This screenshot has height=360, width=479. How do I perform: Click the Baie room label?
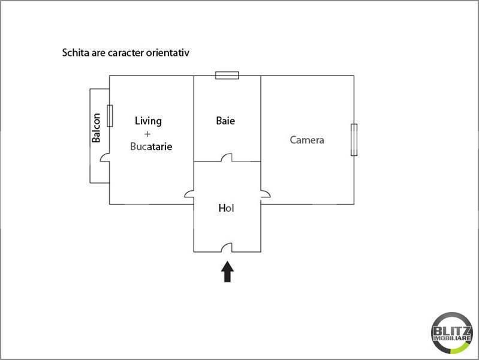pos(225,121)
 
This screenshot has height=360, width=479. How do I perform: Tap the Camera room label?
pos(307,140)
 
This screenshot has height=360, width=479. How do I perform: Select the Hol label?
pos(226,208)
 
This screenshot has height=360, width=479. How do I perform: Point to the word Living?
pos(148,121)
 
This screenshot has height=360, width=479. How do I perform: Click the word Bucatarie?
pos(151,146)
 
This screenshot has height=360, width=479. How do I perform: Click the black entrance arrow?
pos(227,271)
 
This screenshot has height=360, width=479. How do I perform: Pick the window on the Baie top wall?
pos(227,75)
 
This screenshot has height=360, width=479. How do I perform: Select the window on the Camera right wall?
pos(354,139)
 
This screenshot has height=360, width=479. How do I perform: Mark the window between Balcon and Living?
pos(110,115)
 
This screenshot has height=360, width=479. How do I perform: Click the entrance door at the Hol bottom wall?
pos(227,248)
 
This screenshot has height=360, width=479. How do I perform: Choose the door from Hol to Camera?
pos(264,194)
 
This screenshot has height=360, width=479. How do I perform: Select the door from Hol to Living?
pos(189,194)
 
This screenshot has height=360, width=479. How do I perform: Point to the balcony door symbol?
pos(105,158)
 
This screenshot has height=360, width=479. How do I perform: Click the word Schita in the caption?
pos(76,52)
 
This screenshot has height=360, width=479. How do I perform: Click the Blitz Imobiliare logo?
pos(451,332)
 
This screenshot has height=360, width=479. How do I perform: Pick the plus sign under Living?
pos(147,133)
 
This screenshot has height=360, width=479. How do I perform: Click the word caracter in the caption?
pos(124,52)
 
